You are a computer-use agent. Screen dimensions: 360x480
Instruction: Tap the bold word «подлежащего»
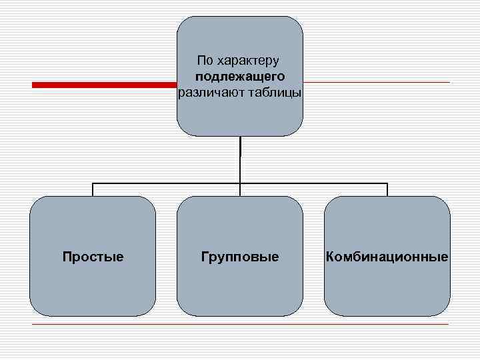coord(240,77)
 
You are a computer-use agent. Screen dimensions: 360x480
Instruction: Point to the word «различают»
coord(211,92)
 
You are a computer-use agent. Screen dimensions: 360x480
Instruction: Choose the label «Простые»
coord(93,257)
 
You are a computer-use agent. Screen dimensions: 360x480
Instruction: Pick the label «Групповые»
coord(240,257)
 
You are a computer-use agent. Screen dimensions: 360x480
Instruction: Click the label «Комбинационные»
coord(387,257)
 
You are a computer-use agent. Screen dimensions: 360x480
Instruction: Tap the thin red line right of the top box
coord(377,83)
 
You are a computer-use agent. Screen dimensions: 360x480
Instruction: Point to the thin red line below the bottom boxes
coord(240,325)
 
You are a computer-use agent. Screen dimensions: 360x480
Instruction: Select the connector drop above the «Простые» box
coord(93,189)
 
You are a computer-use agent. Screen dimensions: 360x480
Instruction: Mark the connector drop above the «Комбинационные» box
coord(387,189)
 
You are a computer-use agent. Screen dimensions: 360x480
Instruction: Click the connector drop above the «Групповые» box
coord(240,189)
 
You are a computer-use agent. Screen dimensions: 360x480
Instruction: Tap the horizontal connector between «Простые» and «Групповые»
coord(167,183)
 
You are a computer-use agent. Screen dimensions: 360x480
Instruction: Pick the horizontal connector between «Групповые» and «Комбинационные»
coord(313,183)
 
